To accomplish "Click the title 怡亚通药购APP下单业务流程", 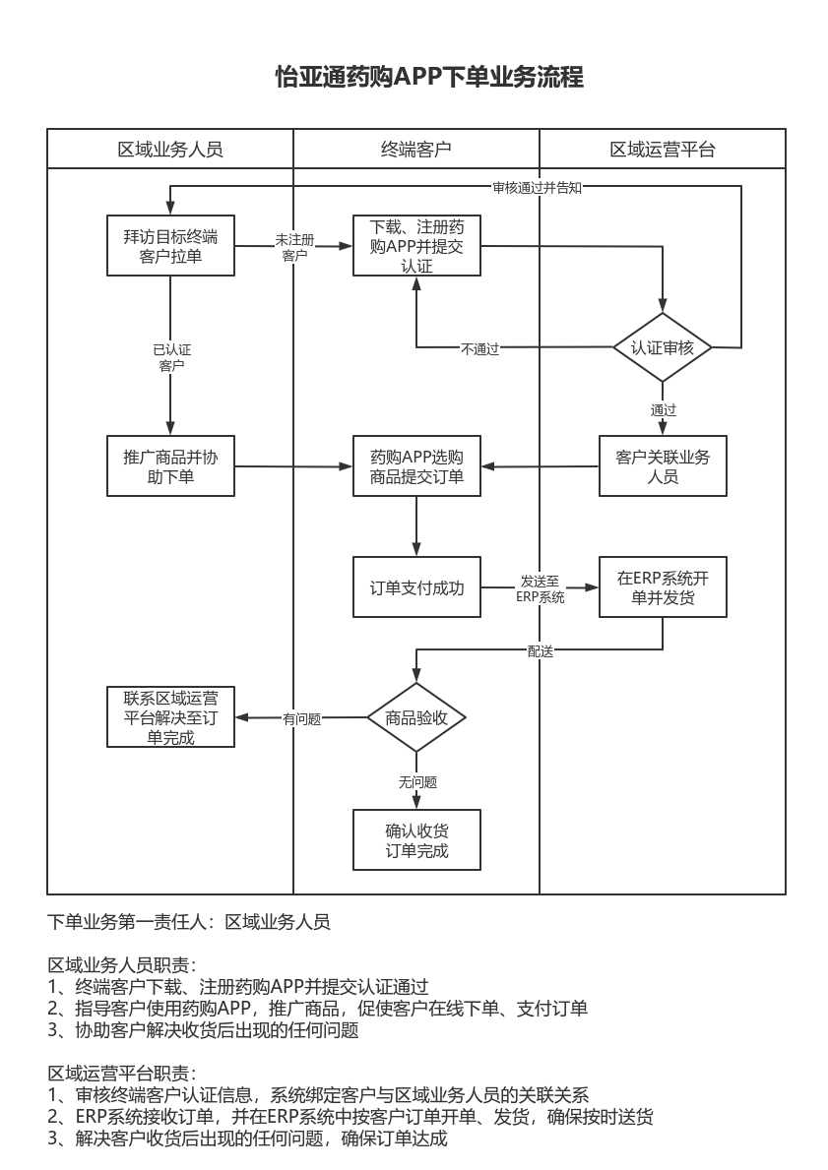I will [429, 78].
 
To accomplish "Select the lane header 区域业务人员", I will [170, 150].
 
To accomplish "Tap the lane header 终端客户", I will [416, 150].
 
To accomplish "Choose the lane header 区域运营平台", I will [663, 150].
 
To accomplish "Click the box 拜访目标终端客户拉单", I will [170, 246].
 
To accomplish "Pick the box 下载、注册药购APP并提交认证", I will [416, 246].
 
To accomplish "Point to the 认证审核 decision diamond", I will [663, 347].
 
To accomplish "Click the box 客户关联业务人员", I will [663, 466].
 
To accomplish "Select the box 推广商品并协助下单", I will [170, 466].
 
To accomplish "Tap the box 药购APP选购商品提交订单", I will [416, 466].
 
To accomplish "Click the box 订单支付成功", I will [416, 587].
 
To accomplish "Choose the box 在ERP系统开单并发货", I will [663, 587].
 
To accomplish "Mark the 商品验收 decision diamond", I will [416, 718].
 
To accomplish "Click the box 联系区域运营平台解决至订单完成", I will [170, 718].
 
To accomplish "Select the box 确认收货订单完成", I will [416, 839].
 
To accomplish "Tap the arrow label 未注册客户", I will [294, 247].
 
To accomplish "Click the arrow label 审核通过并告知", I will [537, 188].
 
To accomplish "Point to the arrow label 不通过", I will [479, 348].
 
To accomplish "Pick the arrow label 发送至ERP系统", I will [541, 588].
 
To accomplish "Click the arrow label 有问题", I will [301, 719].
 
